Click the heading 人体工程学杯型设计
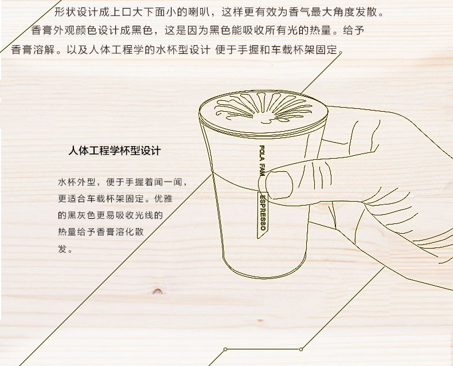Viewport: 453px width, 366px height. click(x=114, y=152)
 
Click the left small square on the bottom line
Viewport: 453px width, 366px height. click(x=225, y=349)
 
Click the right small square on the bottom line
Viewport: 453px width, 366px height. click(x=302, y=349)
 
